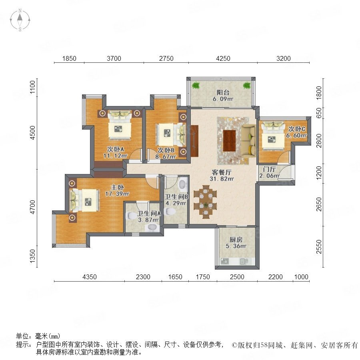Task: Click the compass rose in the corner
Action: point(20,20)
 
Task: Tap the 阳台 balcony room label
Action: point(223,92)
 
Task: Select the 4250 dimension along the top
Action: point(223,58)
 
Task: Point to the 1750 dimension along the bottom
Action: point(203,277)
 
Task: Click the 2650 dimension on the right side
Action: point(319,204)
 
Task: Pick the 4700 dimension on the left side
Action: point(33,207)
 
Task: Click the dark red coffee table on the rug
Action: point(230,141)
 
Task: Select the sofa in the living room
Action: point(248,141)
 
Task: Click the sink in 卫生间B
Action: point(182,184)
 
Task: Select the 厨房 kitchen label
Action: point(236,240)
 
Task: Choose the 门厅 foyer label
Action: point(269,170)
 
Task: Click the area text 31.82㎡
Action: point(222,178)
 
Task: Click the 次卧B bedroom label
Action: point(166,150)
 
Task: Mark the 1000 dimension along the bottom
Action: point(301,277)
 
